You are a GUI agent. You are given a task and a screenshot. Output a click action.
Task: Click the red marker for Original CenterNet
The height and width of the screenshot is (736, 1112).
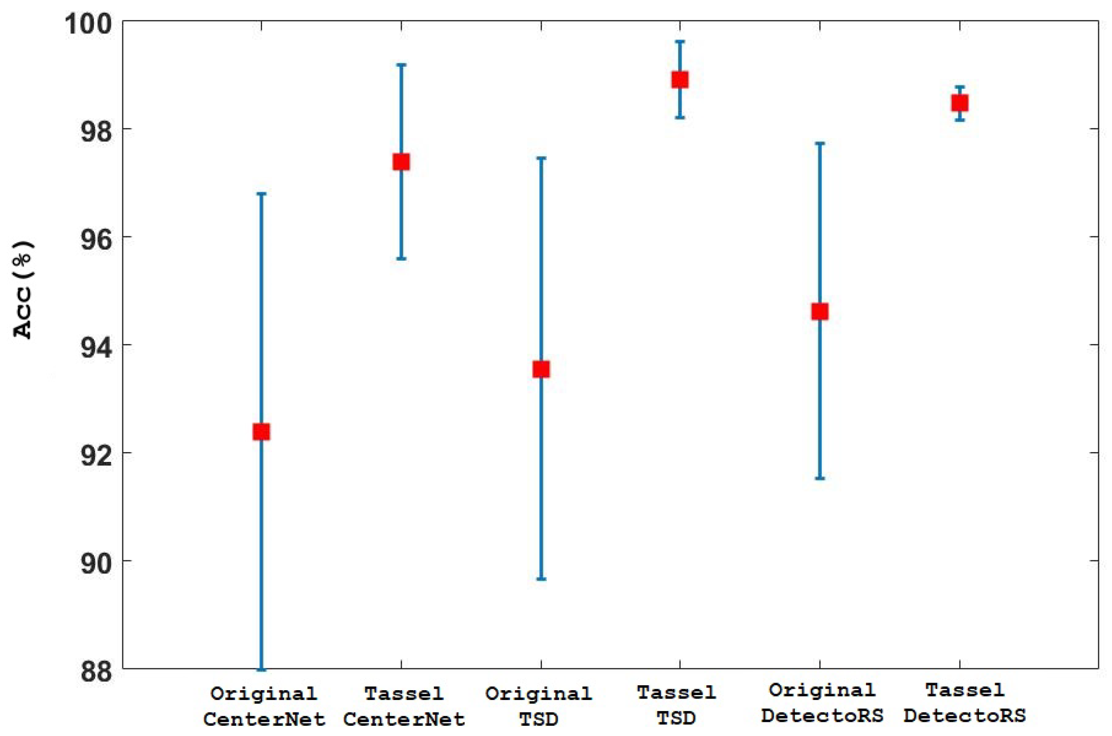(261, 431)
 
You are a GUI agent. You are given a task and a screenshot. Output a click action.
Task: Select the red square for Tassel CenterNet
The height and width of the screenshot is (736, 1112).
(401, 162)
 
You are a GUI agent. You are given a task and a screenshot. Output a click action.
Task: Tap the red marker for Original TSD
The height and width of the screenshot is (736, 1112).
(541, 369)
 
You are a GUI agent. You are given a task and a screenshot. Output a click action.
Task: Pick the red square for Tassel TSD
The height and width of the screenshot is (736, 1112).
(679, 80)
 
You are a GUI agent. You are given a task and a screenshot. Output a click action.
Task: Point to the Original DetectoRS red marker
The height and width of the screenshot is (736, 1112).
(820, 311)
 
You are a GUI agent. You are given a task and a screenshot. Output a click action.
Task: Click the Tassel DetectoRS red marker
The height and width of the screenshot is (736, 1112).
(959, 103)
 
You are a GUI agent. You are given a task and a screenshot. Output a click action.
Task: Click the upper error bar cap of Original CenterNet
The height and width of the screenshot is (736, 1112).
(261, 194)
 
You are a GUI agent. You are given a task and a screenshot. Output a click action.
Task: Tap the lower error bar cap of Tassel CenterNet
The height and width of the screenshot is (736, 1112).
(401, 259)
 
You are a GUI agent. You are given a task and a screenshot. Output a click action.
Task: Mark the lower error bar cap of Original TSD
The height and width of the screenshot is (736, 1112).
(541, 579)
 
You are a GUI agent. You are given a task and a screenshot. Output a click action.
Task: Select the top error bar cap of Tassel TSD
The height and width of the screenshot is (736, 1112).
(679, 41)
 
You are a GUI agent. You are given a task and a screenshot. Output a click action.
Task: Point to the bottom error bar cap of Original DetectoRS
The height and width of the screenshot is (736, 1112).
(820, 478)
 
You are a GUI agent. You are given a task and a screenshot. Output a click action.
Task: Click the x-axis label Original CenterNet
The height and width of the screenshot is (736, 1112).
(264, 705)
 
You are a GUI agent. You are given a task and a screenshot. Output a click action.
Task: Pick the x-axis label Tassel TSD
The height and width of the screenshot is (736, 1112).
(676, 704)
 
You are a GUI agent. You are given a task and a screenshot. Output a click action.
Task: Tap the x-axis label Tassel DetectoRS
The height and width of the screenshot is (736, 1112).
(965, 703)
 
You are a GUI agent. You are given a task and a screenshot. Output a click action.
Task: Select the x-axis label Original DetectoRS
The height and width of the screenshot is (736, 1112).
(822, 703)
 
